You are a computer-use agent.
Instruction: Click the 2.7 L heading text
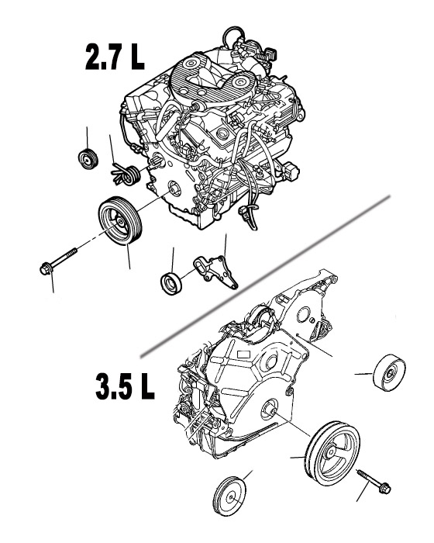click(x=115, y=57)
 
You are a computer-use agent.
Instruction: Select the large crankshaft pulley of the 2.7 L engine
click(x=120, y=220)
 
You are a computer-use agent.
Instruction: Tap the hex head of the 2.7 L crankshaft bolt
click(x=45, y=269)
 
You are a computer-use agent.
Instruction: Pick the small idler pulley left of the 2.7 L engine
click(x=88, y=159)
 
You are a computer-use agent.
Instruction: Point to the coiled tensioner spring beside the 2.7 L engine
click(x=126, y=175)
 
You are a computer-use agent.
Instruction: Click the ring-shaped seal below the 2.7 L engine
click(x=171, y=284)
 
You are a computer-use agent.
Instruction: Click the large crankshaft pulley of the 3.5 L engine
click(x=332, y=452)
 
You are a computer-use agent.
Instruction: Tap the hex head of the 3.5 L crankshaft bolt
click(x=384, y=488)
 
